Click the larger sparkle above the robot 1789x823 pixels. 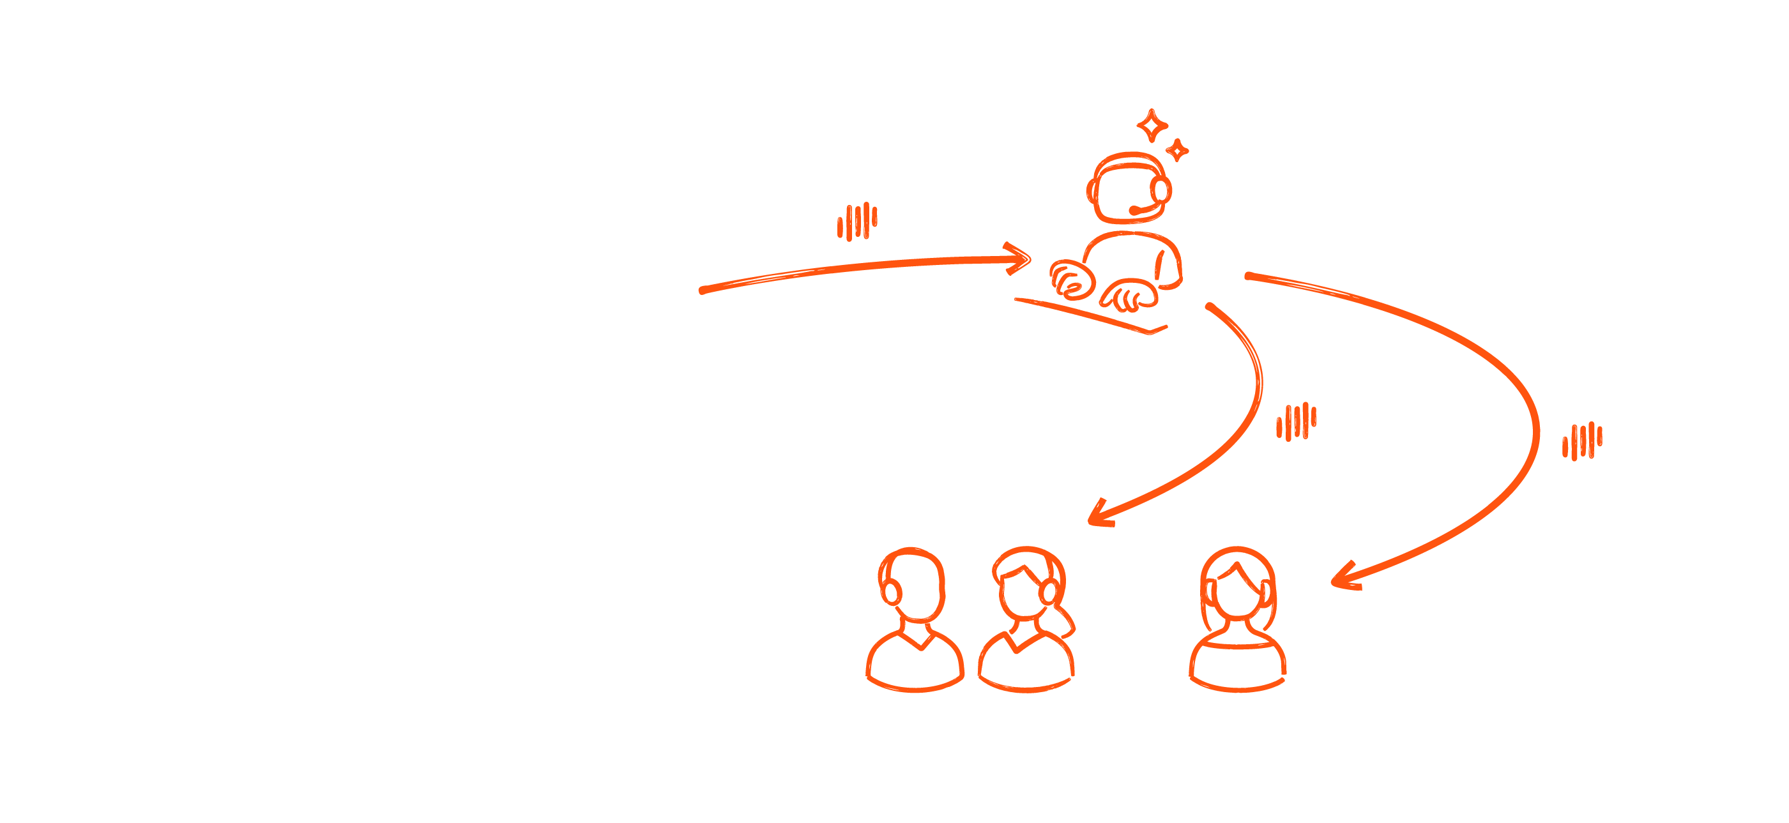[1152, 126]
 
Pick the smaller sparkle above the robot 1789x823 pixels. [1177, 149]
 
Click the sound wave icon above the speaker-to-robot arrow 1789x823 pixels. [857, 222]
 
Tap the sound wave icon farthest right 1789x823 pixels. [1582, 441]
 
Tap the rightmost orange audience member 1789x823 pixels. [1238, 618]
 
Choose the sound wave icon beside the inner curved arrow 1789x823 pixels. [1296, 421]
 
